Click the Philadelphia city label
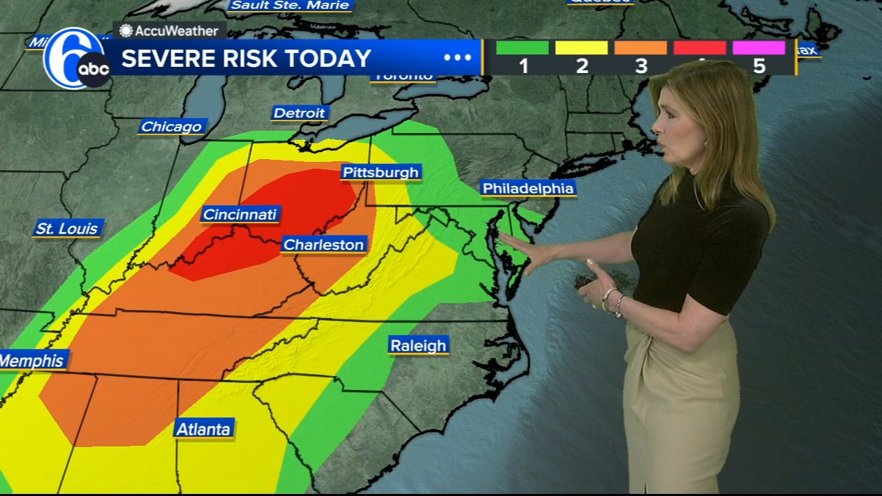(x=528, y=188)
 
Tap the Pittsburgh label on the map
(x=381, y=172)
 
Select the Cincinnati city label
(x=240, y=214)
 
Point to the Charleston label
(x=323, y=245)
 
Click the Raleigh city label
(x=418, y=346)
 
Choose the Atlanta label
(x=203, y=429)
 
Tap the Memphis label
(x=32, y=360)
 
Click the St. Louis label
(x=67, y=228)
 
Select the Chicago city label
(x=171, y=127)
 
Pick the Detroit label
(x=299, y=113)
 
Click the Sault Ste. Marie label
(x=290, y=6)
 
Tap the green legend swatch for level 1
(x=522, y=48)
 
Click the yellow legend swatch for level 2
(x=582, y=48)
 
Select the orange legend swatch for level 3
(x=641, y=48)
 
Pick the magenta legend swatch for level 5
(x=759, y=48)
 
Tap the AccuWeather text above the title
(x=176, y=31)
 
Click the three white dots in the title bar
(x=458, y=58)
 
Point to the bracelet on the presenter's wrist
(x=611, y=300)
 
